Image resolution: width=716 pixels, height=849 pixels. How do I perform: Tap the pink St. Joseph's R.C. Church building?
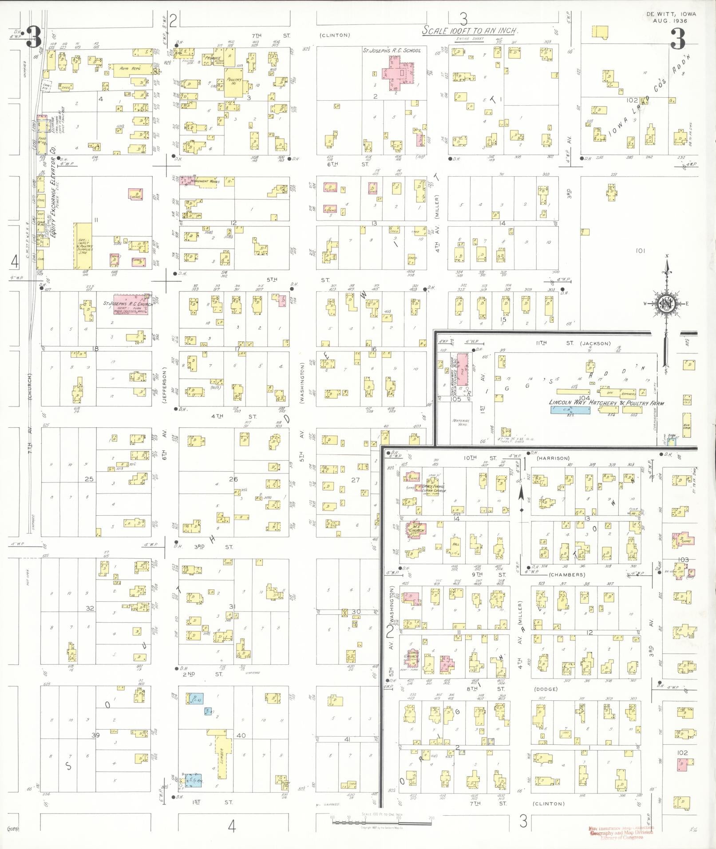[131, 304]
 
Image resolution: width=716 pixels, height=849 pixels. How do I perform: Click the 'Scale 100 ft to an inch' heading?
[470, 31]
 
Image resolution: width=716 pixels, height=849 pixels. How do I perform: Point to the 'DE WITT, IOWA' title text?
[671, 14]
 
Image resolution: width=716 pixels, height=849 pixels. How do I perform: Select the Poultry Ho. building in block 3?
[233, 82]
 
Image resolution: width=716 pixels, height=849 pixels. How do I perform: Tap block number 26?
[233, 478]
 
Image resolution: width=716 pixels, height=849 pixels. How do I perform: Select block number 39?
[95, 735]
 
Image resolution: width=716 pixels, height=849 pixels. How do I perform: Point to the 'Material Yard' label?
[461, 422]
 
